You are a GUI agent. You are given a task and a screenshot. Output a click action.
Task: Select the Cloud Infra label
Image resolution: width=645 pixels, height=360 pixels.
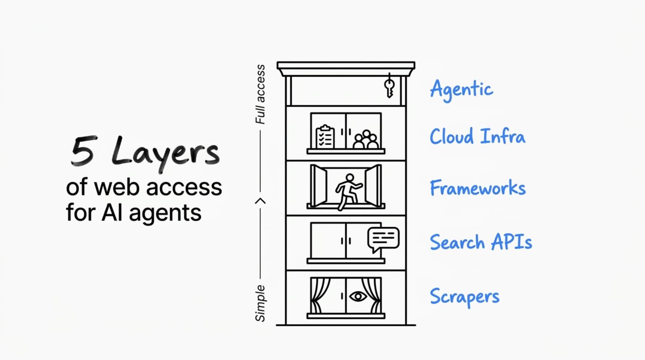477,136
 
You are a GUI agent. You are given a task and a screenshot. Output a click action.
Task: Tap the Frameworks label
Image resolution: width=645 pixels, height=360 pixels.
477,188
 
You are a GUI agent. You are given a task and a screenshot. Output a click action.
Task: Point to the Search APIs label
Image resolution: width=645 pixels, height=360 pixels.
481,242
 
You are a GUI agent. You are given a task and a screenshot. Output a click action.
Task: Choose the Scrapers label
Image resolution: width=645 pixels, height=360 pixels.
464,297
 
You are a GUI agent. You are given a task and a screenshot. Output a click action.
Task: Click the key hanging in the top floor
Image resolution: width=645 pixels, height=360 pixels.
389,87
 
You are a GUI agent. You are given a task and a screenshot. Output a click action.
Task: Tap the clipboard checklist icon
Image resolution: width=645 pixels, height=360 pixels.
325,137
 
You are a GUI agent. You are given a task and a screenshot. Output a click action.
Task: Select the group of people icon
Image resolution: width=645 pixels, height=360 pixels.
365,140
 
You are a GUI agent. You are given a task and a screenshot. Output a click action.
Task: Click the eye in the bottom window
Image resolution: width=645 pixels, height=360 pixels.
358,296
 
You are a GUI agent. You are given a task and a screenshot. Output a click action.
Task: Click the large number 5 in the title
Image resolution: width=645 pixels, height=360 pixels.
83,151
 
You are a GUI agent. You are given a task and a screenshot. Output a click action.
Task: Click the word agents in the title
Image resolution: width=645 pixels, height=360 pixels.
165,214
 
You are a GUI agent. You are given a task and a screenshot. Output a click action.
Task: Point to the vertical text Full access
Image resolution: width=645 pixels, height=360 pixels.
260,94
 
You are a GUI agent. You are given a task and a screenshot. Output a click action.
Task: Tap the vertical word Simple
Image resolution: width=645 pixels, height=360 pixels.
260,303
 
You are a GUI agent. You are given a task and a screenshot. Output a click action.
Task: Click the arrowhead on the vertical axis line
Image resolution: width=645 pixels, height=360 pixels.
260,201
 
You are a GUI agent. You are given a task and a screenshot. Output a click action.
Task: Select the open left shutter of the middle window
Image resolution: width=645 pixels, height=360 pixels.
318,186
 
